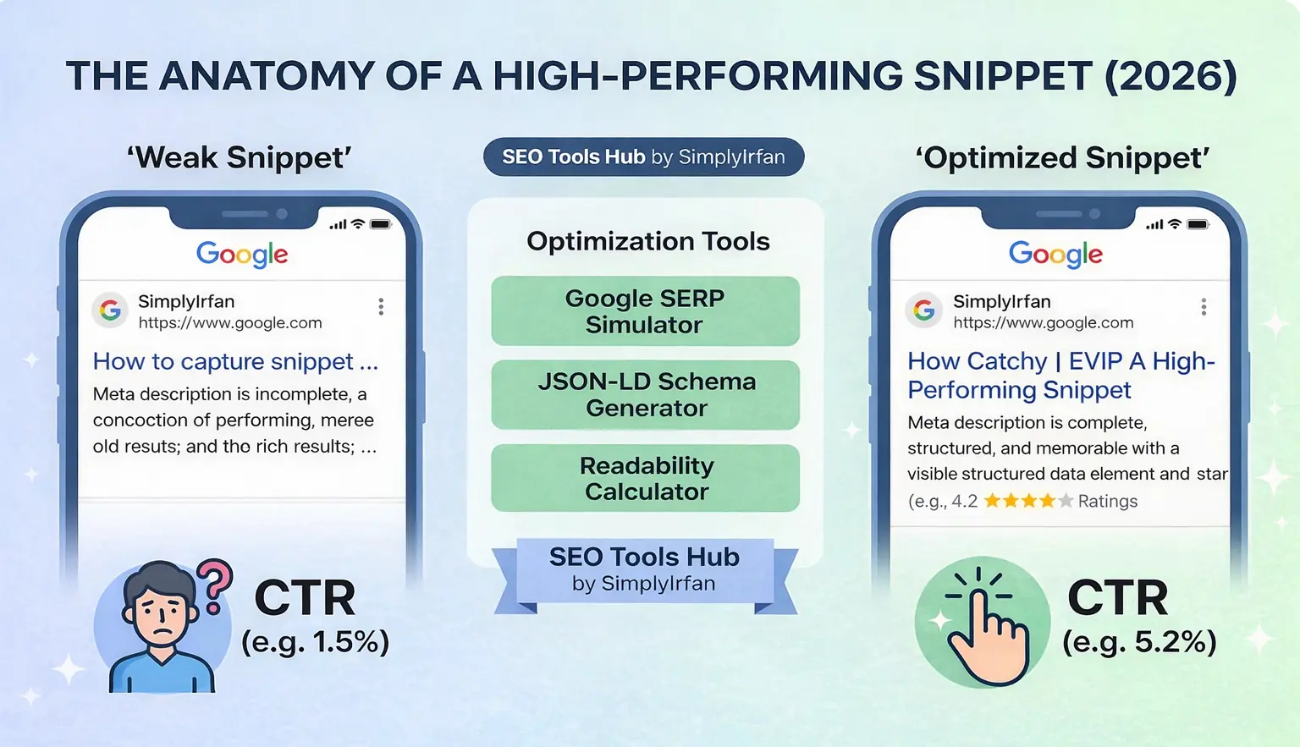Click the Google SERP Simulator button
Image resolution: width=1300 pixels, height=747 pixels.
(645, 311)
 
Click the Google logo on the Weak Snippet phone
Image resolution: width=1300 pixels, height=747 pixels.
(242, 254)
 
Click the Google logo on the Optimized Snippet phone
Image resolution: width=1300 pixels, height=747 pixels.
(1055, 254)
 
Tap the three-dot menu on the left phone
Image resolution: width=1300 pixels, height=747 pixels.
(381, 306)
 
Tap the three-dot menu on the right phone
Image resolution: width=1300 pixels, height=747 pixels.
(1204, 307)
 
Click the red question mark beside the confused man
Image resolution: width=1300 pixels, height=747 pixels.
(216, 585)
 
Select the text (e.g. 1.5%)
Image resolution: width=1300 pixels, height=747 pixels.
(315, 642)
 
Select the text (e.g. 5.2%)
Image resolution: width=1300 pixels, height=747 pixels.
(1139, 642)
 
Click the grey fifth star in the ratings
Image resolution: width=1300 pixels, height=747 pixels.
(1066, 501)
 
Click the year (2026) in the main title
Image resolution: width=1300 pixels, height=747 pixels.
(1171, 76)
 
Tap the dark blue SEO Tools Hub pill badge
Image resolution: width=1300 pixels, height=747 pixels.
(643, 157)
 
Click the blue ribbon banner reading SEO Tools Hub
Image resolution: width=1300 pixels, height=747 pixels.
(644, 569)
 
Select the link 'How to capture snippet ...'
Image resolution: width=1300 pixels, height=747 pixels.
(235, 361)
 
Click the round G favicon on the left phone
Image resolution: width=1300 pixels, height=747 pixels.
(110, 310)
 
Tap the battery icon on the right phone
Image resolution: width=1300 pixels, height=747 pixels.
(1198, 224)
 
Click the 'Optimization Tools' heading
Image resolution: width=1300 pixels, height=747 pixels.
(647, 241)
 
